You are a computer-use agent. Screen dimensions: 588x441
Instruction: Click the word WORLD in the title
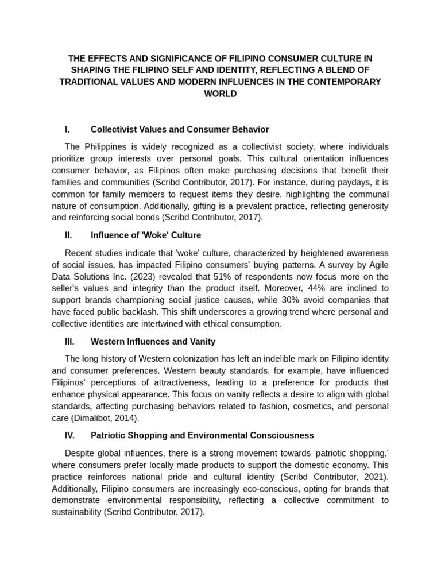[220, 94]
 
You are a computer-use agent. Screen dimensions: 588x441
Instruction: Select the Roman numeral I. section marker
[67, 129]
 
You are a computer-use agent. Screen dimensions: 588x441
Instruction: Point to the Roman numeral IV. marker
[69, 435]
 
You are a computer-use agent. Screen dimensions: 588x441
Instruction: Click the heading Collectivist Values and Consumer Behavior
[180, 129]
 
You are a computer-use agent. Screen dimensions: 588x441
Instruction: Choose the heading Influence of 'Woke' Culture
[146, 235]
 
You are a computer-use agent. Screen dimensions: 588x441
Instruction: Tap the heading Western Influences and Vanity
[153, 341]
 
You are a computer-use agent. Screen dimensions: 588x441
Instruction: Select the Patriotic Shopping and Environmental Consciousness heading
[202, 435]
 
